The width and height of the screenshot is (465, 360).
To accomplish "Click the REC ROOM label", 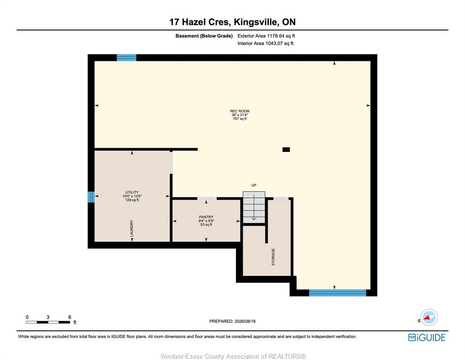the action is point(240,111).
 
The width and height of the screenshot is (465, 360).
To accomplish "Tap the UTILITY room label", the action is point(132,192).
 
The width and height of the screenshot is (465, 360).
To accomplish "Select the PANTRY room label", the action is point(206,217).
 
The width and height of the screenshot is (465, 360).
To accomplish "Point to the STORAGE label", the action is point(273,257).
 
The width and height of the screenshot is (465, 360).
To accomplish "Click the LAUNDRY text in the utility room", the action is point(132,228).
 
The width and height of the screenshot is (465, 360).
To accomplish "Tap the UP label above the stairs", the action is point(254,185).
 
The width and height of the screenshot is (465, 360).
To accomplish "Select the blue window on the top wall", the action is point(126,58).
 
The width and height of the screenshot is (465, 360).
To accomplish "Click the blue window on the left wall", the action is point(91,197).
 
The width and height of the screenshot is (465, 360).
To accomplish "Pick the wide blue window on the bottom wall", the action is point(338,292).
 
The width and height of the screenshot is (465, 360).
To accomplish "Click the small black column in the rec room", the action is point(286,150).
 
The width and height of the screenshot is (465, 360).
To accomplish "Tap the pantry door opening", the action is point(207,199).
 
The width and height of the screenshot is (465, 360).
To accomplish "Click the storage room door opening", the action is point(281,199).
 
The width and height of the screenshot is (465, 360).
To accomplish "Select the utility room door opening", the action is point(171,163).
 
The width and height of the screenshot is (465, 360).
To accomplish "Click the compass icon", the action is point(429,317).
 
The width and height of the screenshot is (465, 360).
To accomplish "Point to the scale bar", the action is point(48,322).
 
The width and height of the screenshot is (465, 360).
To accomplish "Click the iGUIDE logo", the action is point(427,338).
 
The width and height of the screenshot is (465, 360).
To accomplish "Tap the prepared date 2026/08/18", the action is point(245,321).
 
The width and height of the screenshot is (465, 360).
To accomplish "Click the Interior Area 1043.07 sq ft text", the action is point(266,43).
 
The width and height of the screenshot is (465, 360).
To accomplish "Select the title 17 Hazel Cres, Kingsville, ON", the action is point(232,22).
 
